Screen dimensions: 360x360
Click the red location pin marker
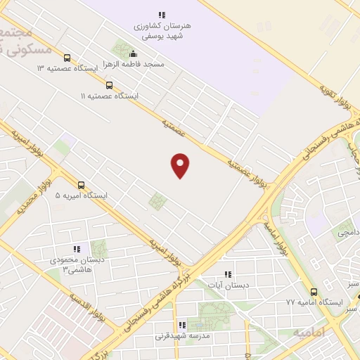181,165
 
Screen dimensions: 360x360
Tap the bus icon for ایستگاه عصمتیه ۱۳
67,58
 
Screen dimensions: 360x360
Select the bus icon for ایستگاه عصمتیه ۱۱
108,85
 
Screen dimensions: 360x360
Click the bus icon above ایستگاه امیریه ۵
81,186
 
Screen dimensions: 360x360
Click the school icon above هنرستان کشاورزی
162,15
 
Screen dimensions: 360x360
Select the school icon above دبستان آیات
226,274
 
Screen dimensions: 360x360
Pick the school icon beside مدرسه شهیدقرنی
182,326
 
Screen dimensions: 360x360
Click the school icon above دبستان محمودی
76,249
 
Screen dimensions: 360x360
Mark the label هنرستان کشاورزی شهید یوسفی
162,29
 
